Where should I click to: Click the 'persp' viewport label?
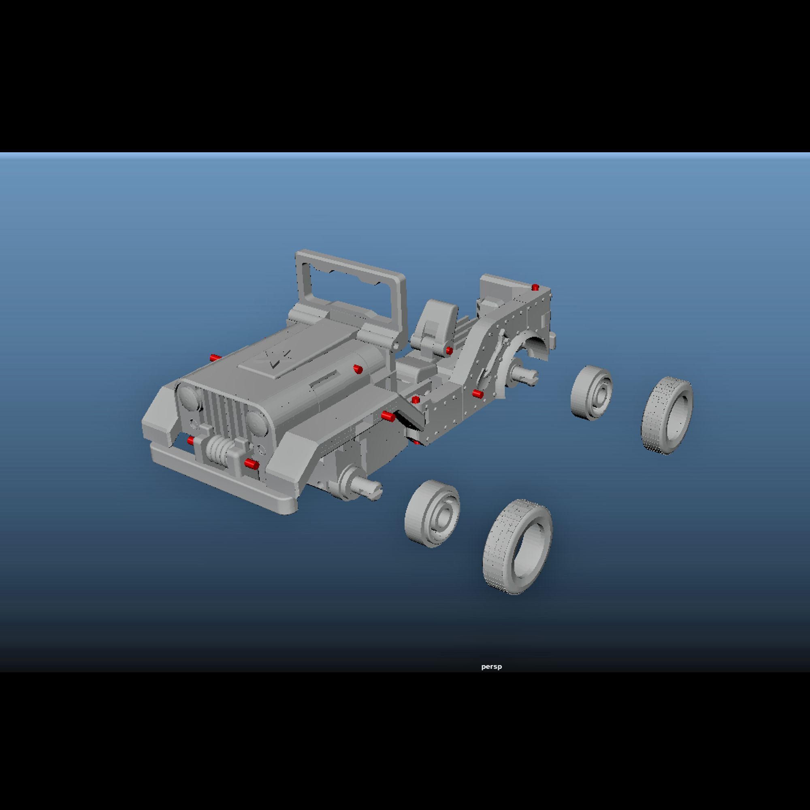point(491,666)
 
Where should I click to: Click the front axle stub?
point(362,486)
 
